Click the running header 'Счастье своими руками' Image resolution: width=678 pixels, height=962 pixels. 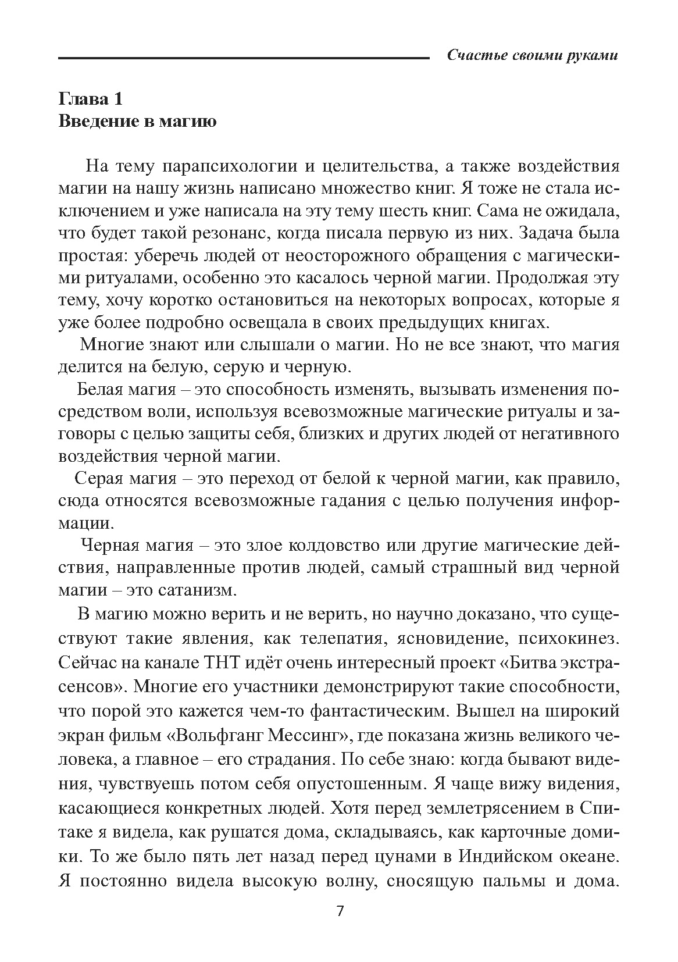click(x=531, y=56)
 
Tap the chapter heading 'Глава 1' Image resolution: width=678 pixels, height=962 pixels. click(x=91, y=99)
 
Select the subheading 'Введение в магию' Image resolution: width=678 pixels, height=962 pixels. click(x=138, y=122)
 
